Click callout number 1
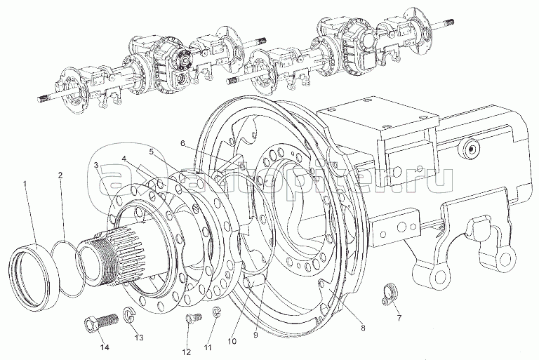(x=25, y=183)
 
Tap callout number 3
(x=96, y=165)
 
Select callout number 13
(x=139, y=338)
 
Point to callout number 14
(x=105, y=347)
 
